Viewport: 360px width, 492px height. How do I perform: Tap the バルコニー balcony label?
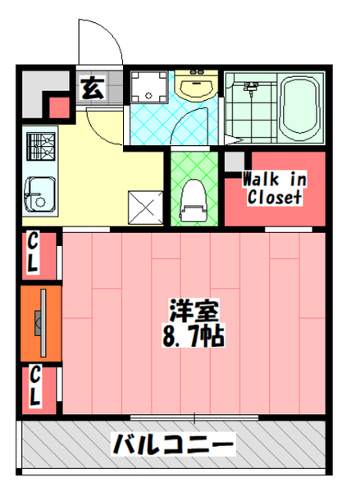[173, 445]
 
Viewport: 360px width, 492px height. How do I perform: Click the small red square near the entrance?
[59, 107]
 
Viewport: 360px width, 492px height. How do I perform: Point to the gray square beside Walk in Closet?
[235, 160]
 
